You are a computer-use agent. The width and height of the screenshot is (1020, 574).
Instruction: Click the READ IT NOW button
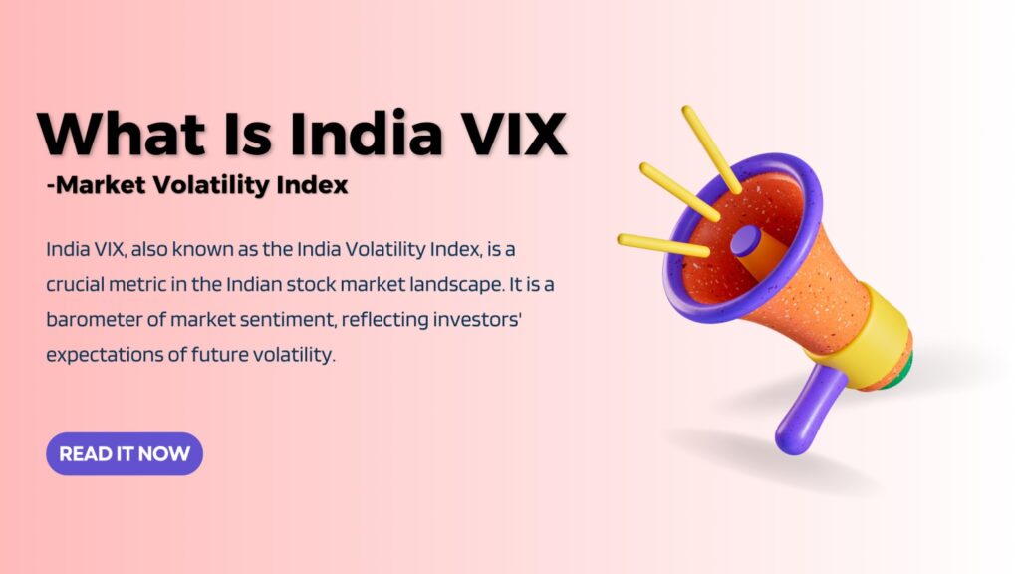[125, 453]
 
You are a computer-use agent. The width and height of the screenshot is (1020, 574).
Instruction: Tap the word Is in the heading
[247, 134]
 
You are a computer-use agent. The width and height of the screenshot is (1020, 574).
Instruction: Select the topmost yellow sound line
[711, 149]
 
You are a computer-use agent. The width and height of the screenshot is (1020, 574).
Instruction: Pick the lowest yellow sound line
[663, 245]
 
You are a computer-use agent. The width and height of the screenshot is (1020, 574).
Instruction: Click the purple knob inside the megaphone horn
[745, 241]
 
